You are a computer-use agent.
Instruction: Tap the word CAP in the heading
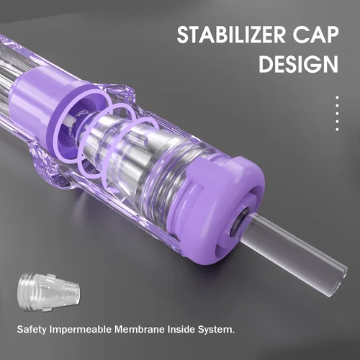(x=312, y=37)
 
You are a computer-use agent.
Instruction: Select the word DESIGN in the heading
(x=297, y=65)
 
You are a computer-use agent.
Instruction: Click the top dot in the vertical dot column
(x=337, y=98)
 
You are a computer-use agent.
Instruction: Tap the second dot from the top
(x=337, y=107)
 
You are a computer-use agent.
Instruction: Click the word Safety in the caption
(x=32, y=332)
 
